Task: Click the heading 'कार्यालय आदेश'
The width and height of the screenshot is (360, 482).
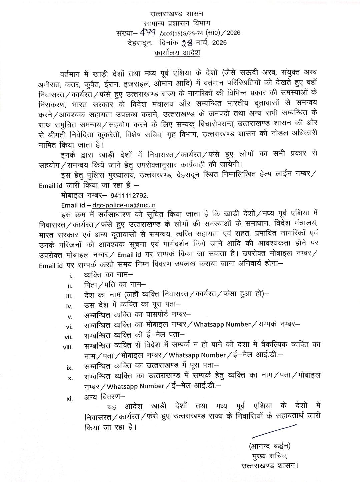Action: [177, 53]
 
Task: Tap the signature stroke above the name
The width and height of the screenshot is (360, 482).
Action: [274, 431]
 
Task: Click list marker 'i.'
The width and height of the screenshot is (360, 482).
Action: [70, 276]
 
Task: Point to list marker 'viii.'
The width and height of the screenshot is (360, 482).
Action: [68, 347]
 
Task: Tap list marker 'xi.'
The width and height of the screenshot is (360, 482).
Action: [69, 398]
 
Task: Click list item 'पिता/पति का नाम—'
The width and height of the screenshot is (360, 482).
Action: [115, 285]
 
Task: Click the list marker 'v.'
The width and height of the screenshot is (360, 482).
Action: [70, 317]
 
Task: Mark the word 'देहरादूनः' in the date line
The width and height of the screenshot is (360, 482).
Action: [140, 43]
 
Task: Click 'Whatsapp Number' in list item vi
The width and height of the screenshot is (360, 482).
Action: [222, 324]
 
